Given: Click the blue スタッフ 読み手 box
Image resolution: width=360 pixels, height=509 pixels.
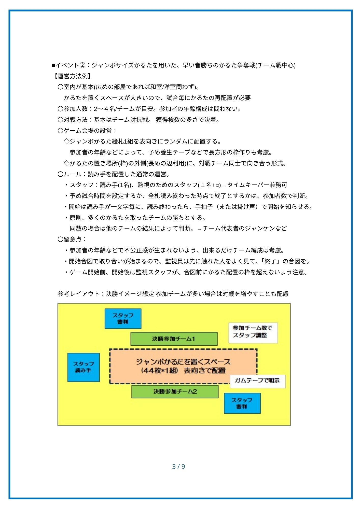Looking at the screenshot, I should tap(83, 367).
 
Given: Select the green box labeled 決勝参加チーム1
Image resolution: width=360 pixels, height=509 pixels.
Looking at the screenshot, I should tap(174, 339).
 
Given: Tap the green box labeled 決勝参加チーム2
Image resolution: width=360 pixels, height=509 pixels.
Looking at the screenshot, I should tap(175, 391).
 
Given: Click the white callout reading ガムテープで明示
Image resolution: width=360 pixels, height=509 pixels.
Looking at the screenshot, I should tap(257, 381).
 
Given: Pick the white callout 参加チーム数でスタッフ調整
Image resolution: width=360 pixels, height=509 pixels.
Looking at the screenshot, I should tap(253, 333).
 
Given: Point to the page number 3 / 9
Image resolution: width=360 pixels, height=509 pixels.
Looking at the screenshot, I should tap(178, 466).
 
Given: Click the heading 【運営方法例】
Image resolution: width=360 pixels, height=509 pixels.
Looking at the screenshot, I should tap(72, 76).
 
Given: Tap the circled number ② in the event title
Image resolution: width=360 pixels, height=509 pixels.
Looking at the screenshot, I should tap(82, 65).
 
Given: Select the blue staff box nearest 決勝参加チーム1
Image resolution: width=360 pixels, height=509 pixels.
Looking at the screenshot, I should tap(123, 318).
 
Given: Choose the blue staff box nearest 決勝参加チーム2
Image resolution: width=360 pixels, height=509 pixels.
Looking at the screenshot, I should tap(242, 403).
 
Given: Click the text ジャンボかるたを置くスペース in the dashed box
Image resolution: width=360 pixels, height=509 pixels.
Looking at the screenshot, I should tap(183, 362).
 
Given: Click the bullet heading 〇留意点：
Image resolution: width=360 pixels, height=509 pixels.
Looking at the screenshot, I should tap(72, 239).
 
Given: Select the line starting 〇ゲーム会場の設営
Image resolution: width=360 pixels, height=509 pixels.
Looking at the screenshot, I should tap(87, 131).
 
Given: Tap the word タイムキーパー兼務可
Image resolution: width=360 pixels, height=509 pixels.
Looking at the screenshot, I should tap(257, 185).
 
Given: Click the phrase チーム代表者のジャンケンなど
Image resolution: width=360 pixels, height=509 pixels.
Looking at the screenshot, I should tap(245, 228).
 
